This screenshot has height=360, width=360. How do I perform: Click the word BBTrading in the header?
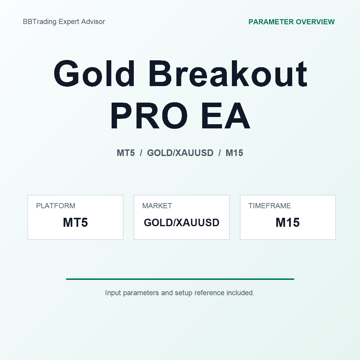40,22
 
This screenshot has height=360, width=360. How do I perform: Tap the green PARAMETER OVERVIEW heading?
291,22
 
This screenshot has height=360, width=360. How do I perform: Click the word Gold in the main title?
94,73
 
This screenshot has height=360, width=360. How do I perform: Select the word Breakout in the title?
228,73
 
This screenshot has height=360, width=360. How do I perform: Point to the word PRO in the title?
149,116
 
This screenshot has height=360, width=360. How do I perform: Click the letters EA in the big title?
226,116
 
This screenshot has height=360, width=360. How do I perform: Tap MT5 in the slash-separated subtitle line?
126,153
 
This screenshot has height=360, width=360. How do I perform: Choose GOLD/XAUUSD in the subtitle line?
180,153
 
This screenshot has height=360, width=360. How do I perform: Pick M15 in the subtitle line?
234,153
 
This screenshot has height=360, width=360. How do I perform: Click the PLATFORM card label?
56,206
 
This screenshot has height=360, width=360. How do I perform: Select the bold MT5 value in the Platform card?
75,222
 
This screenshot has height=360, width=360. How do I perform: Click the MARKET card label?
157,206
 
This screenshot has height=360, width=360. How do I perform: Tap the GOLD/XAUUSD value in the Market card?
181,223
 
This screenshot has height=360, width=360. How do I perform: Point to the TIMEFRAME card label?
270,206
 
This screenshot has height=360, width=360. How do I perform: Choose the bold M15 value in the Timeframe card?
287,222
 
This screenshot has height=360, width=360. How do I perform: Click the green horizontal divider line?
180,279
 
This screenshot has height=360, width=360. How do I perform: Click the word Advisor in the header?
93,22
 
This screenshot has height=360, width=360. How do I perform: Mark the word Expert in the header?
69,22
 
